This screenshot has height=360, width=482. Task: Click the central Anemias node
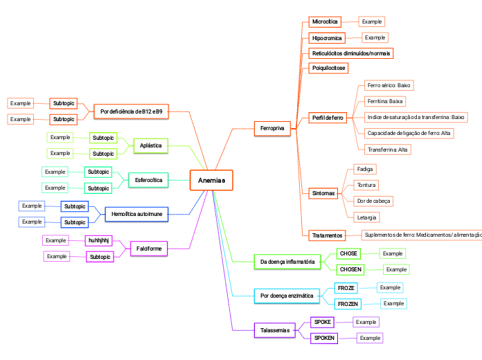click(211, 181)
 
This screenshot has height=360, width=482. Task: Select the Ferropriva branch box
click(272, 129)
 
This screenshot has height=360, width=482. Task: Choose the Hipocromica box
click(327, 38)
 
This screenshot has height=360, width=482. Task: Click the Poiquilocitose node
click(329, 68)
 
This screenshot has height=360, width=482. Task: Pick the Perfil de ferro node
click(328, 118)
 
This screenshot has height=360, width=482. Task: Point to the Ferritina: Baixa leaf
click(386, 101)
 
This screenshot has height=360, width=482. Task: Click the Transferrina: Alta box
click(388, 149)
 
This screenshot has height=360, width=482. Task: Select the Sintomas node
click(323, 193)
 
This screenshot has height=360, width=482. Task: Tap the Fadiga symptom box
click(365, 169)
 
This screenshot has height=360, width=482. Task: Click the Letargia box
click(367, 217)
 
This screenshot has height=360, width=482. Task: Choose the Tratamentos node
click(327, 235)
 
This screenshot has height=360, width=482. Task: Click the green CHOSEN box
click(350, 269)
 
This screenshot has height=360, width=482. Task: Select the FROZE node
click(346, 287)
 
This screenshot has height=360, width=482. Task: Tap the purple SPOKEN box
click(324, 338)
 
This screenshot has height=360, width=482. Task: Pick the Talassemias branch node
click(274, 331)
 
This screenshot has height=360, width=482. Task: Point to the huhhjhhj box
click(98, 240)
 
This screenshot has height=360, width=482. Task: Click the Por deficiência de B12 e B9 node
click(132, 111)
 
